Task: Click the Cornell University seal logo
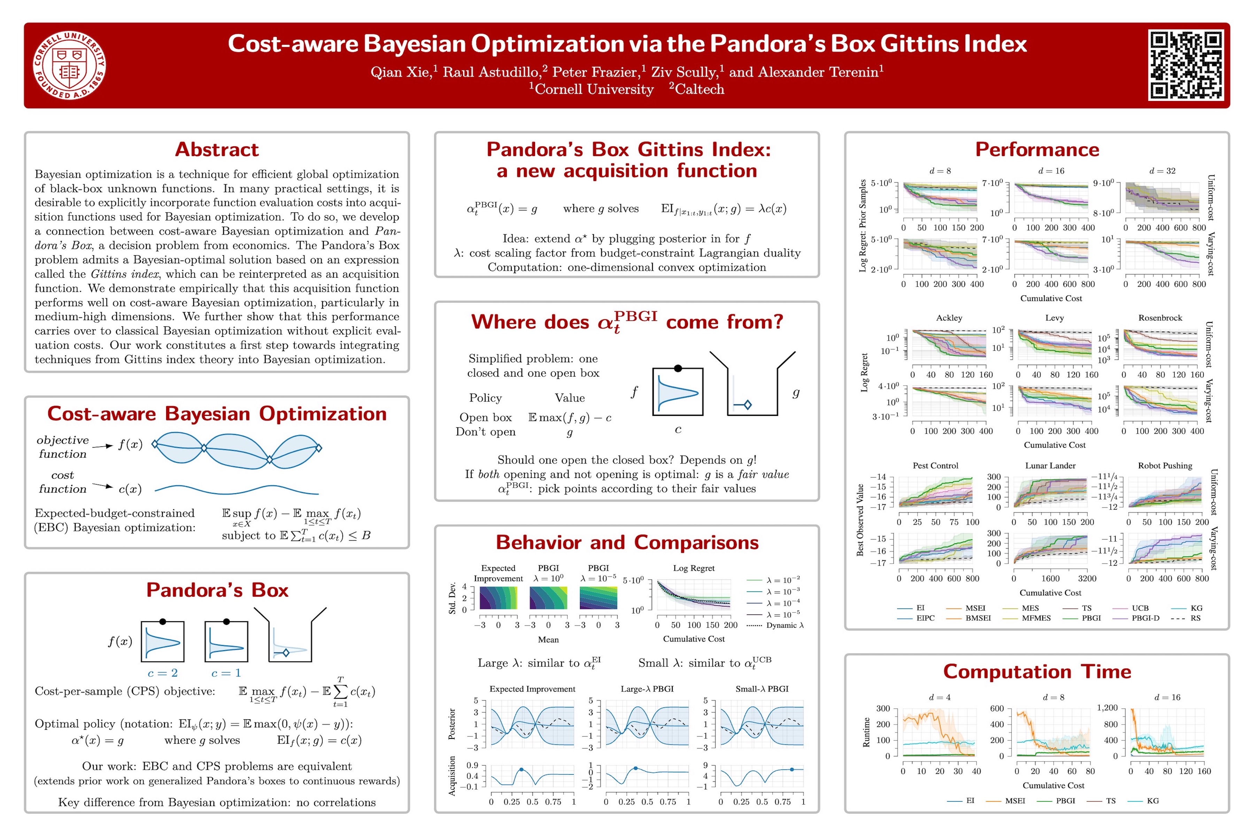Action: (x=69, y=65)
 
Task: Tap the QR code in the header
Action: (x=1185, y=65)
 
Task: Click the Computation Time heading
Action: (x=1037, y=671)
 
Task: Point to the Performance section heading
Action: (x=1037, y=150)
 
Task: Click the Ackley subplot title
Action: (x=949, y=318)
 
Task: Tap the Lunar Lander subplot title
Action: (x=1050, y=465)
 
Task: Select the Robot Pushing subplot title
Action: (x=1164, y=465)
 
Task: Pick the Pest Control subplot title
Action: (x=935, y=465)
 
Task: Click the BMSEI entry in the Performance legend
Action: (x=978, y=618)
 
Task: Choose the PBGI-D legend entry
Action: (x=1145, y=618)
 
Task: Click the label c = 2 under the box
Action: (x=163, y=673)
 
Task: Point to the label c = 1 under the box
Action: (x=226, y=673)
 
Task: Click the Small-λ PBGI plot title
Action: (x=761, y=689)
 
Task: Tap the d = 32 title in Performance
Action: (x=1162, y=171)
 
